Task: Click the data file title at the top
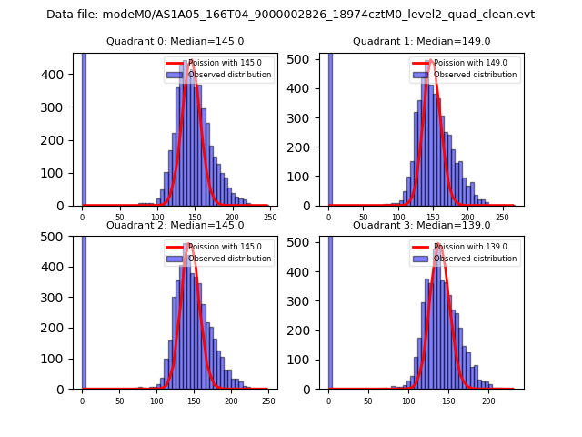pos(290,15)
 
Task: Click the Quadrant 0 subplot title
pos(175,41)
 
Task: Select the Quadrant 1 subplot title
pos(421,41)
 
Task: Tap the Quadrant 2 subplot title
pos(175,225)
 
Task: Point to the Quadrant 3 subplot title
pos(421,225)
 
